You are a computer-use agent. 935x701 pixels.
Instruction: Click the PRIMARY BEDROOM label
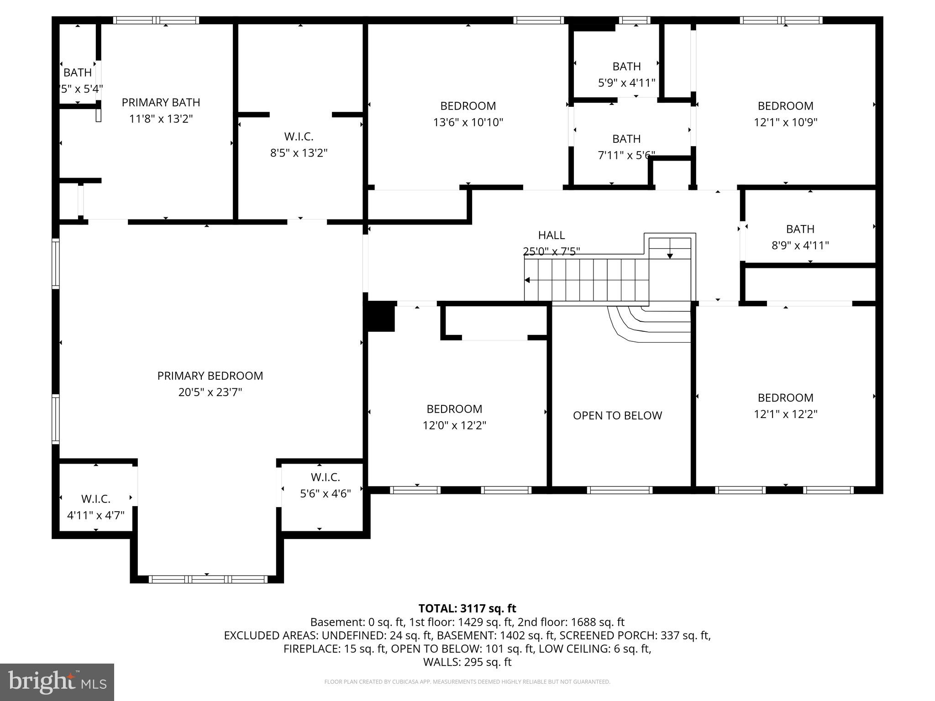[210, 376]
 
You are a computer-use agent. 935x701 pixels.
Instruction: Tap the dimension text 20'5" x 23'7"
[210, 392]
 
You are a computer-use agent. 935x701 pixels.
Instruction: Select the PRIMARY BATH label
[161, 102]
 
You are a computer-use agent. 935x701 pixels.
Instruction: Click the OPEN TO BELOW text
[617, 415]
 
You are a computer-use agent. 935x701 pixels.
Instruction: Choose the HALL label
[551, 235]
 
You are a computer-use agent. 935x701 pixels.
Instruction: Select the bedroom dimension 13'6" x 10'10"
[468, 122]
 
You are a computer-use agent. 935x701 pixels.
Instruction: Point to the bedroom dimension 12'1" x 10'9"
[785, 122]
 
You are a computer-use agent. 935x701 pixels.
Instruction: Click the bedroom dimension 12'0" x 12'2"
[454, 425]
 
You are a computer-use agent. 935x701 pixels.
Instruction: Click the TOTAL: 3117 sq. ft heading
[467, 608]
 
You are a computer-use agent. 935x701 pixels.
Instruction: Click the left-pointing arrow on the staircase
[528, 280]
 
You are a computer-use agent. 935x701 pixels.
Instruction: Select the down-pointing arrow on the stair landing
[670, 256]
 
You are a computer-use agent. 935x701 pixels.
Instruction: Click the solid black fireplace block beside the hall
[381, 316]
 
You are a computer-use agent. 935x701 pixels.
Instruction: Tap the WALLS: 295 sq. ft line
[467, 662]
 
